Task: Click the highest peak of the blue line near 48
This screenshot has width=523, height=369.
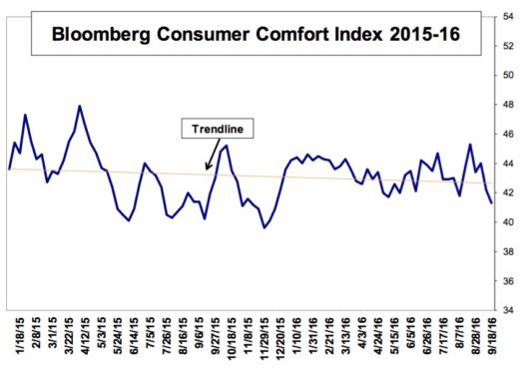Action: pos(80,106)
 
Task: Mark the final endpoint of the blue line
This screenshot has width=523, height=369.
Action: pos(491,202)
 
